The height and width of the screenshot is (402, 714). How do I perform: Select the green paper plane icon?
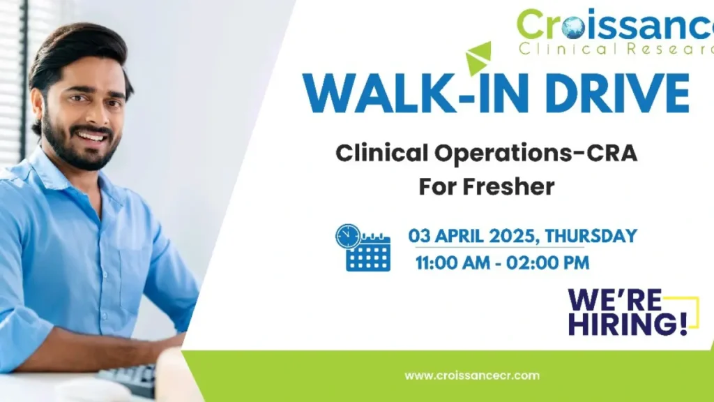479,58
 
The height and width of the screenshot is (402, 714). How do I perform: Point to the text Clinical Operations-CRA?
486,154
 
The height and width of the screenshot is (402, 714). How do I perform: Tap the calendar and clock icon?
362,248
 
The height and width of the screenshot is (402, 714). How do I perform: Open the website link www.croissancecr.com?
472,375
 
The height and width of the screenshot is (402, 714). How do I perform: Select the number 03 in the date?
419,236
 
